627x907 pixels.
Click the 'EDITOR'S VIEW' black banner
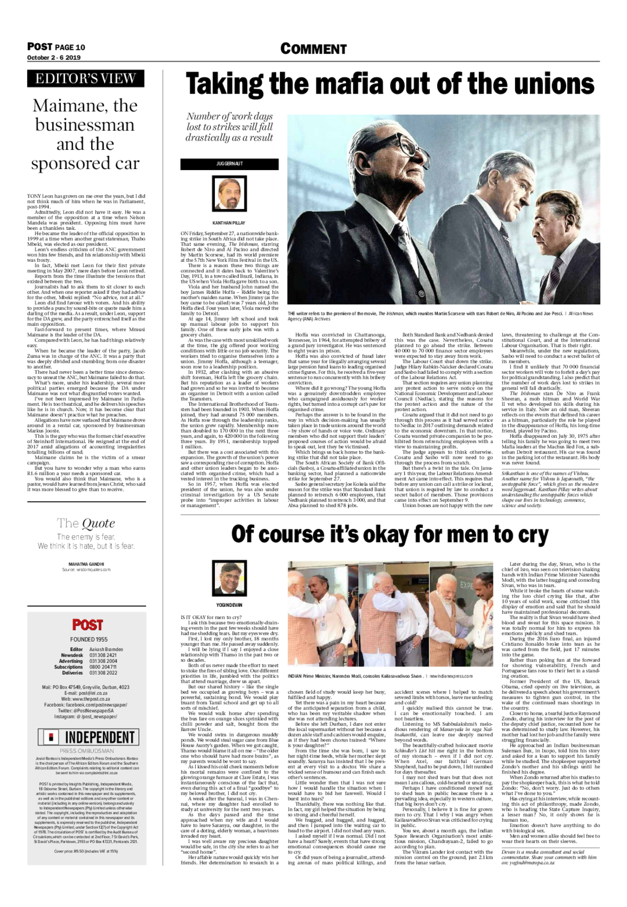point(85,78)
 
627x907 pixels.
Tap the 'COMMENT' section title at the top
point(313,49)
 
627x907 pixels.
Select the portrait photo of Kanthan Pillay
point(229,194)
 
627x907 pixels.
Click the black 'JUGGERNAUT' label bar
point(229,164)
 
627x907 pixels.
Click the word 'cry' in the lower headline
point(527,534)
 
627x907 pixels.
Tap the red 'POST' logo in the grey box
point(87,625)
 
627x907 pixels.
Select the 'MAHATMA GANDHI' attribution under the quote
point(86,564)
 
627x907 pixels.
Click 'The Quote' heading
point(86,524)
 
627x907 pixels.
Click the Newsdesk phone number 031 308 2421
point(103,655)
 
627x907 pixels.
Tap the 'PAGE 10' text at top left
point(70,47)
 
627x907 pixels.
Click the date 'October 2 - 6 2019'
point(53,58)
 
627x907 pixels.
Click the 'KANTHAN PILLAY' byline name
point(229,223)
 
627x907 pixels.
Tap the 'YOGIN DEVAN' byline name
point(229,604)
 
